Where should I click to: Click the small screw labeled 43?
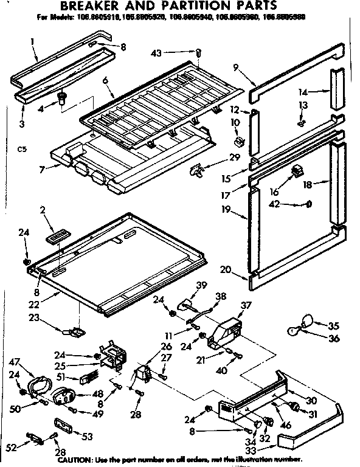pyautogui.click(x=199, y=54)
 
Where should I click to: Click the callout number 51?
pyautogui.click(x=61, y=376)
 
